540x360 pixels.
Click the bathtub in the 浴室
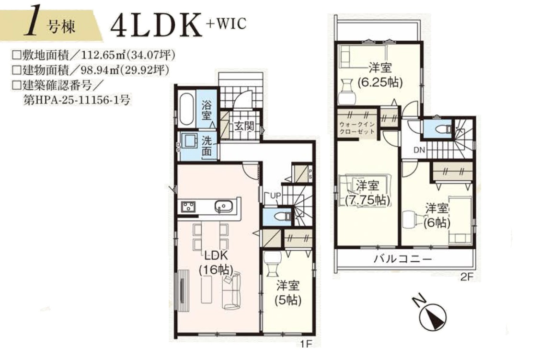pos(187,110)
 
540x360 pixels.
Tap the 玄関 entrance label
pos(244,127)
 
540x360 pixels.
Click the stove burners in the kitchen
pos(188,207)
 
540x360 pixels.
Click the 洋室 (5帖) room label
pos(288,293)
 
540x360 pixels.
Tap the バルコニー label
pos(402,259)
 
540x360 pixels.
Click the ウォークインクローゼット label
pos(357,128)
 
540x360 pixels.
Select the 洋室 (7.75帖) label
pos(368,193)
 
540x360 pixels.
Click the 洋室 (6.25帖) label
pos(380,75)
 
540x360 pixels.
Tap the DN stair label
pos(419,150)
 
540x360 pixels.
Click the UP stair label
pos(276,196)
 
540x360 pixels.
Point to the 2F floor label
pos(467,277)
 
